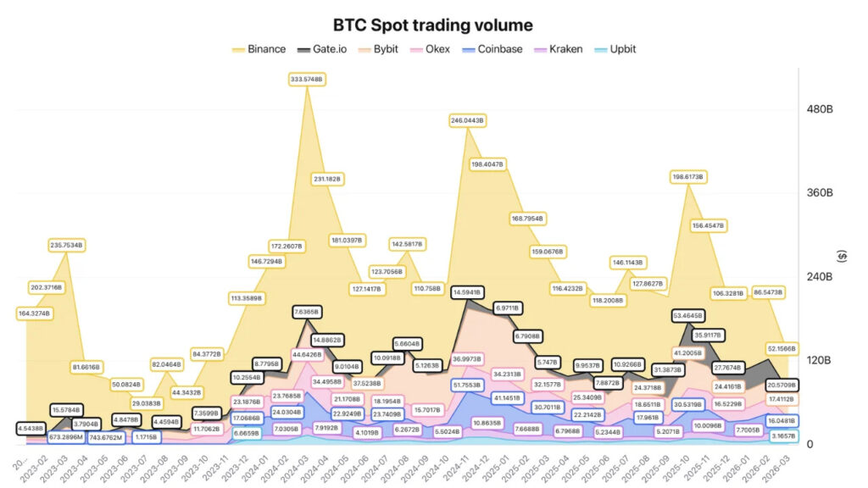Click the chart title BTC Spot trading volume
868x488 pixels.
tap(433, 25)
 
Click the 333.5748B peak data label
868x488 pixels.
tap(307, 79)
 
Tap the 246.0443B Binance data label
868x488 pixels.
tap(467, 120)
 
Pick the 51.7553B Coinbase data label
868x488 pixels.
tap(467, 385)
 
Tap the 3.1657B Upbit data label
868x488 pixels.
tap(782, 435)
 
